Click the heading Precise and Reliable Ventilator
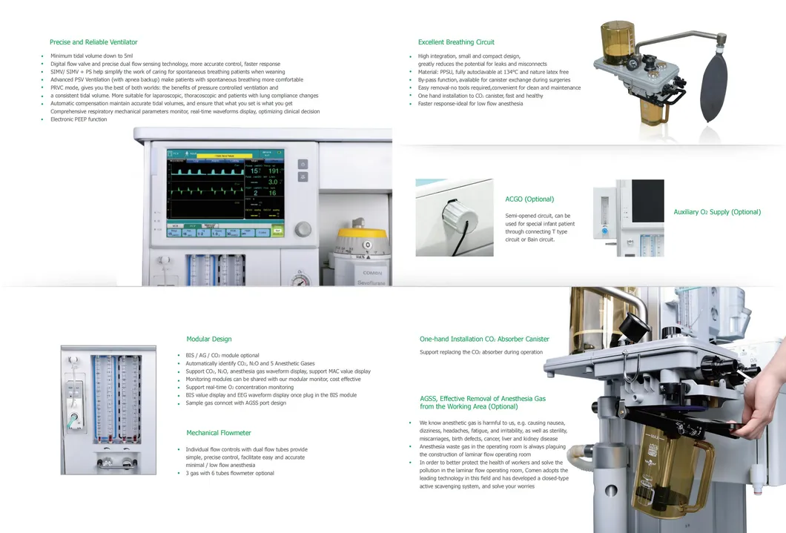(93, 42)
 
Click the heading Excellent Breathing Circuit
(456, 42)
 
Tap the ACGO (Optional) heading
(529, 199)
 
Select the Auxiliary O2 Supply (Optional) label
(717, 212)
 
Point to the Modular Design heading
(209, 340)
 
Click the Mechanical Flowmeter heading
(219, 433)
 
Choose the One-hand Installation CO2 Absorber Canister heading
(484, 340)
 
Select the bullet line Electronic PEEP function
(79, 119)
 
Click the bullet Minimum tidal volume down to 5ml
(92, 56)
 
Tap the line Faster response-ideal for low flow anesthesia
(470, 104)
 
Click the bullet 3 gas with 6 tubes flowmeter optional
(230, 473)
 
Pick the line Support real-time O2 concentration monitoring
(240, 387)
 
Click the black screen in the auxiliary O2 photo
(647, 201)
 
